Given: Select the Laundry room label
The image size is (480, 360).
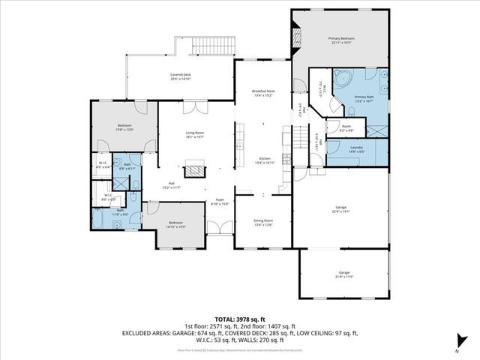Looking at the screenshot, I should (356, 148).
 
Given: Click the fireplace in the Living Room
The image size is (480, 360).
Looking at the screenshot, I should (196, 170).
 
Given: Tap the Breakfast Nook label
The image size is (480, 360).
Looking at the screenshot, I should (263, 92).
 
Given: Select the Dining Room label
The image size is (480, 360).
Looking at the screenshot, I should (263, 222).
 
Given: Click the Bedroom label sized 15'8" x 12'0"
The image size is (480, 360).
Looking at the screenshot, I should (124, 127).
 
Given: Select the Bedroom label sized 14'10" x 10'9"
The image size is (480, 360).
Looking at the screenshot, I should (176, 224).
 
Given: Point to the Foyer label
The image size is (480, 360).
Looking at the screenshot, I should (219, 201).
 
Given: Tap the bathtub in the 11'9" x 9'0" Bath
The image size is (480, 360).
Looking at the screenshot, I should (99, 219).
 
